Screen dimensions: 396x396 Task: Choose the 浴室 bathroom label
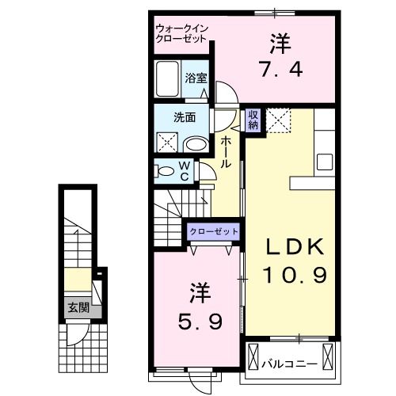point(196,78)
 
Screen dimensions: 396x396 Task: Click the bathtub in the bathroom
point(168,81)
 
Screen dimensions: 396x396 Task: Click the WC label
point(184,171)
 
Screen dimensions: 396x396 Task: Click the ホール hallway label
point(226,150)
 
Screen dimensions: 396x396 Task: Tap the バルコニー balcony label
point(290,364)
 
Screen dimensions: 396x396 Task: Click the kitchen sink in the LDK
point(326,162)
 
